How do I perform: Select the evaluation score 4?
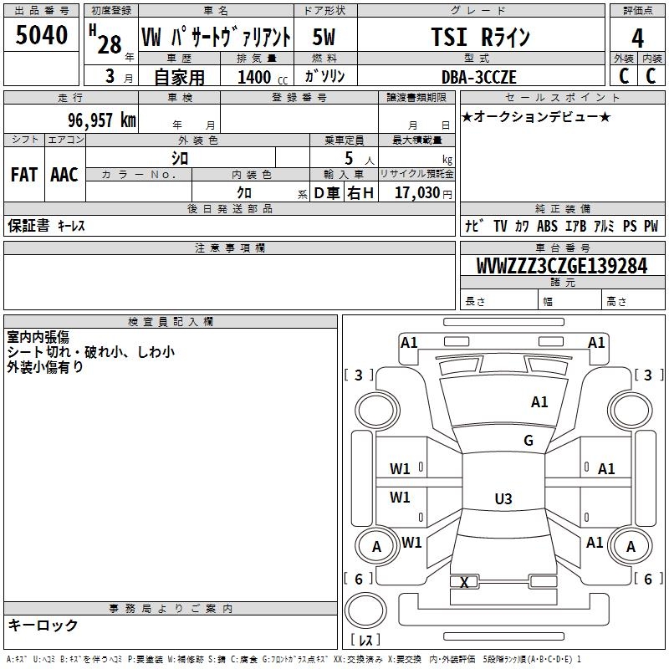638,38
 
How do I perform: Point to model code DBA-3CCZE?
479,77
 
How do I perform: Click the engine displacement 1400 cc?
258,77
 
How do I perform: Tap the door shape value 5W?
325,38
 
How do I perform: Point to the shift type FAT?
23,175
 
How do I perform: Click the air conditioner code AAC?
64,175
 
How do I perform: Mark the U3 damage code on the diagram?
503,499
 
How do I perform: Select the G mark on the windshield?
529,441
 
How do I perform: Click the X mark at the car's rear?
464,582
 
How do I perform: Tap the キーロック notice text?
43,626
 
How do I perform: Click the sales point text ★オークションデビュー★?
536,116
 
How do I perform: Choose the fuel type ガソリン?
325,77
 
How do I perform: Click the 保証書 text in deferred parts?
28,226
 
